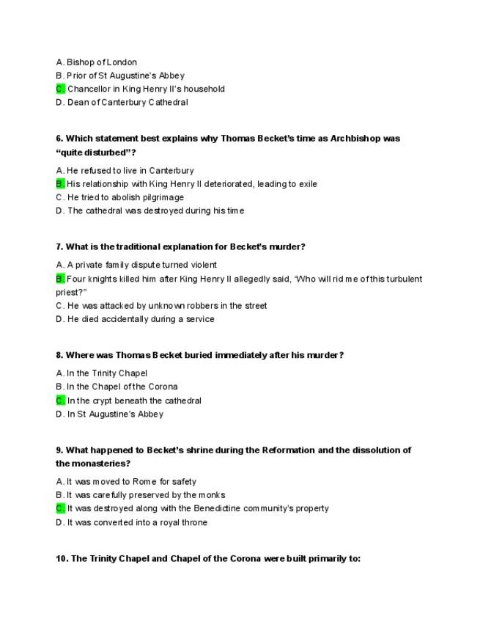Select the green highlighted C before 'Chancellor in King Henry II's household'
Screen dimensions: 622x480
[60, 89]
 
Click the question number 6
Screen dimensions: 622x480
[59, 139]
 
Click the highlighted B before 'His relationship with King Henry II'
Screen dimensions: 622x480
[60, 184]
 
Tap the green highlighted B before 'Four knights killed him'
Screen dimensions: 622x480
[60, 279]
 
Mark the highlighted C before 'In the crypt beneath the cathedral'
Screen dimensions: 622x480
[60, 400]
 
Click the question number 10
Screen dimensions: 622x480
[62, 559]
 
